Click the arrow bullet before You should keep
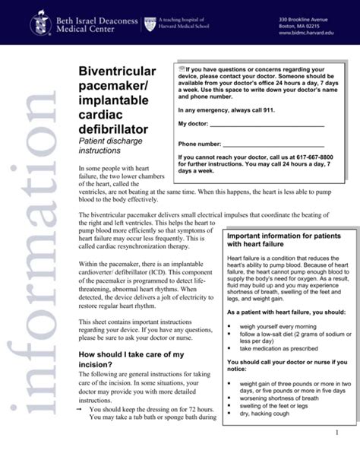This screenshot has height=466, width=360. click(81, 410)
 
